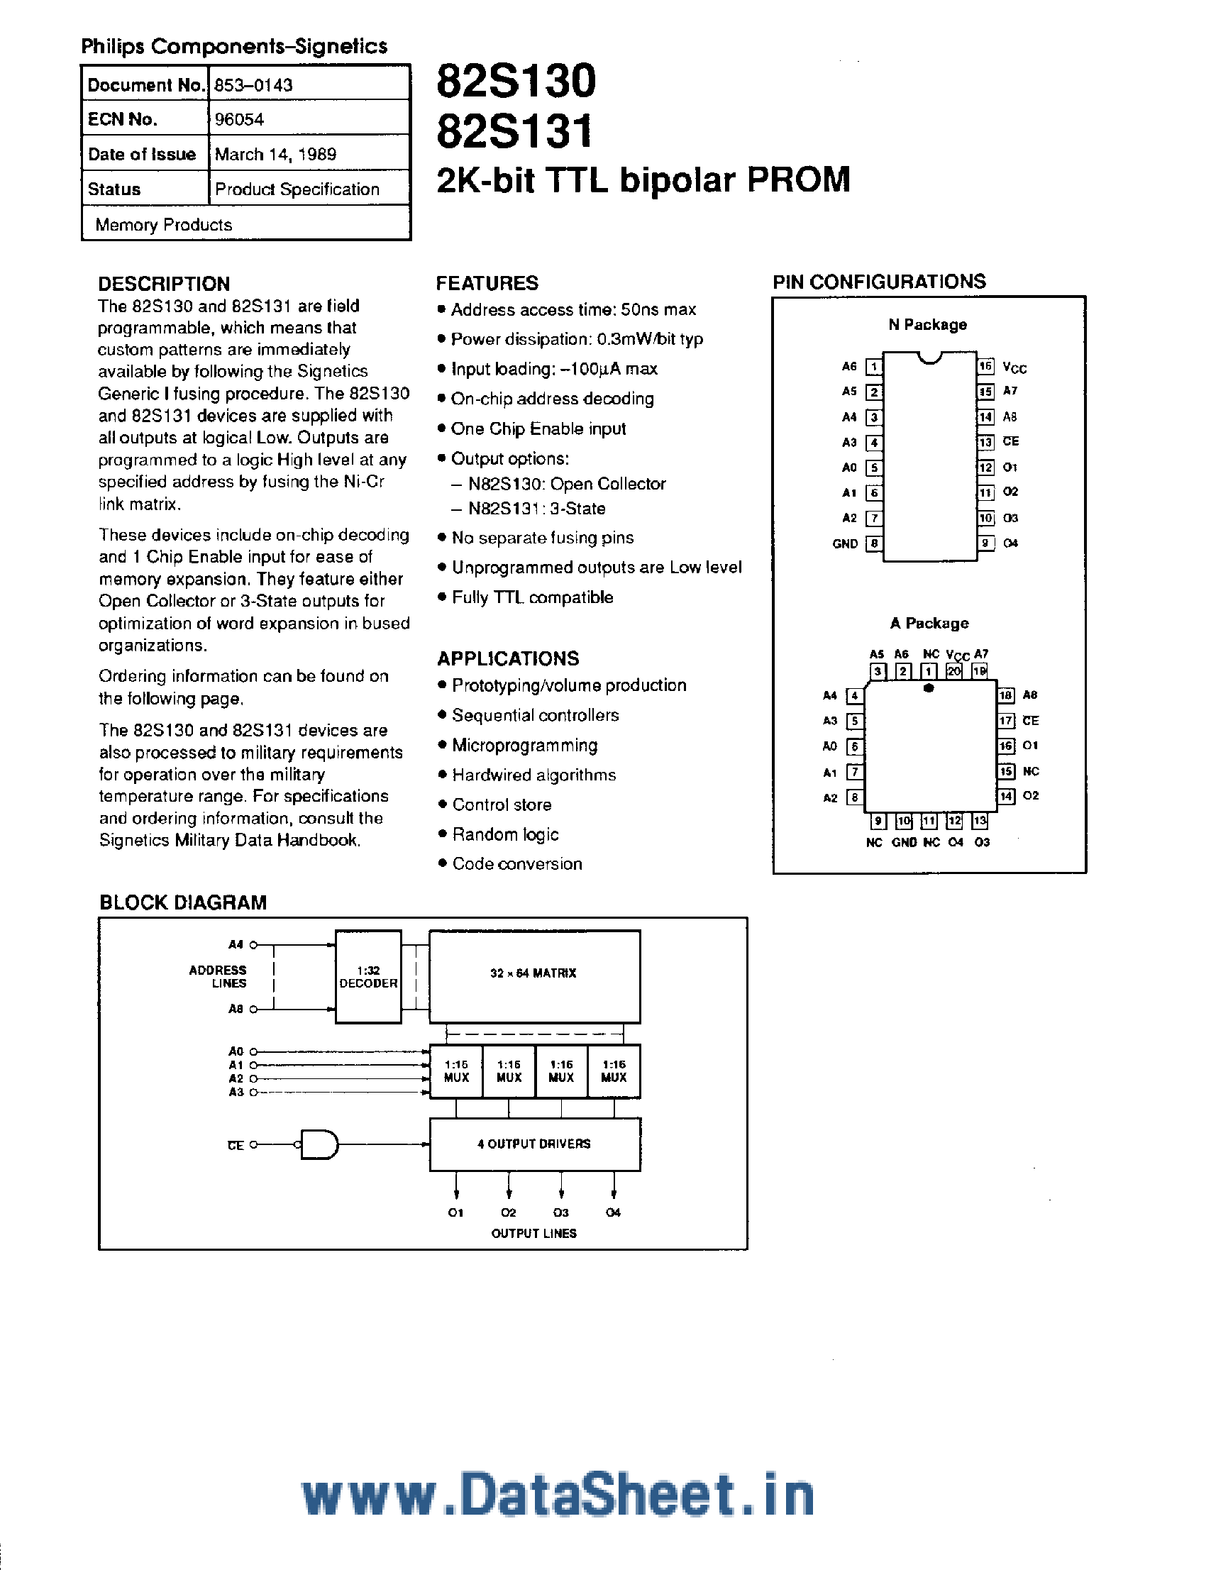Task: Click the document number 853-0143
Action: click(253, 85)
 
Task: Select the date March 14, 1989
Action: click(275, 154)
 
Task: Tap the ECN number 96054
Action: click(239, 119)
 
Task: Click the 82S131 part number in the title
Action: click(514, 131)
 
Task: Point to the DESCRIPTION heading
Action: click(164, 283)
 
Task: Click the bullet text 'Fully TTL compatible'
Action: click(532, 597)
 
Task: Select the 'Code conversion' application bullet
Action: click(516, 863)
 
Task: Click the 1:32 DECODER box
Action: click(368, 976)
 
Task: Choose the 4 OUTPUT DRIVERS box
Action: click(534, 1144)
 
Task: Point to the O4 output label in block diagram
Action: click(613, 1212)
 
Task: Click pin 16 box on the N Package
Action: click(985, 367)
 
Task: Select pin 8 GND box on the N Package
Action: click(873, 543)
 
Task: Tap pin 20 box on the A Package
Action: click(953, 670)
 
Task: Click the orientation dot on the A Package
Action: click(929, 688)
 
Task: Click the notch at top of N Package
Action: click(930, 358)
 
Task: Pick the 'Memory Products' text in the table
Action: click(164, 225)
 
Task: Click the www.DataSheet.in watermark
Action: click(558, 1496)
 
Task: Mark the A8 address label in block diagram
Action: click(236, 1010)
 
